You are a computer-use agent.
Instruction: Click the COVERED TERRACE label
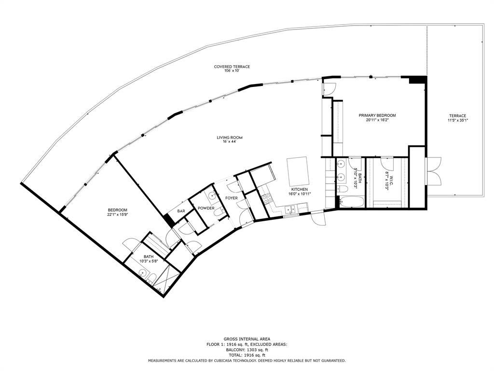232,67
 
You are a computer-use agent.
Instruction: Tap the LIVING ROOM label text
229,138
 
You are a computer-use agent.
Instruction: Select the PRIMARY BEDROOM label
377,115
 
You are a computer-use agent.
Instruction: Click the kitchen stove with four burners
265,198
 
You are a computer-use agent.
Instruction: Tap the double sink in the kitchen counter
290,209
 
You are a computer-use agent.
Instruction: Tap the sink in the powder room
211,196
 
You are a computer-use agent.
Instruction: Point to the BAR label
181,211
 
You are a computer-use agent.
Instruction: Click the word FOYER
232,198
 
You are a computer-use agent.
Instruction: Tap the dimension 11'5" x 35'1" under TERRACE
457,120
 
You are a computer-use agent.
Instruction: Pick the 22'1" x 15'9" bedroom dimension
117,214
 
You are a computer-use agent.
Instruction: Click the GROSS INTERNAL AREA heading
247,339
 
